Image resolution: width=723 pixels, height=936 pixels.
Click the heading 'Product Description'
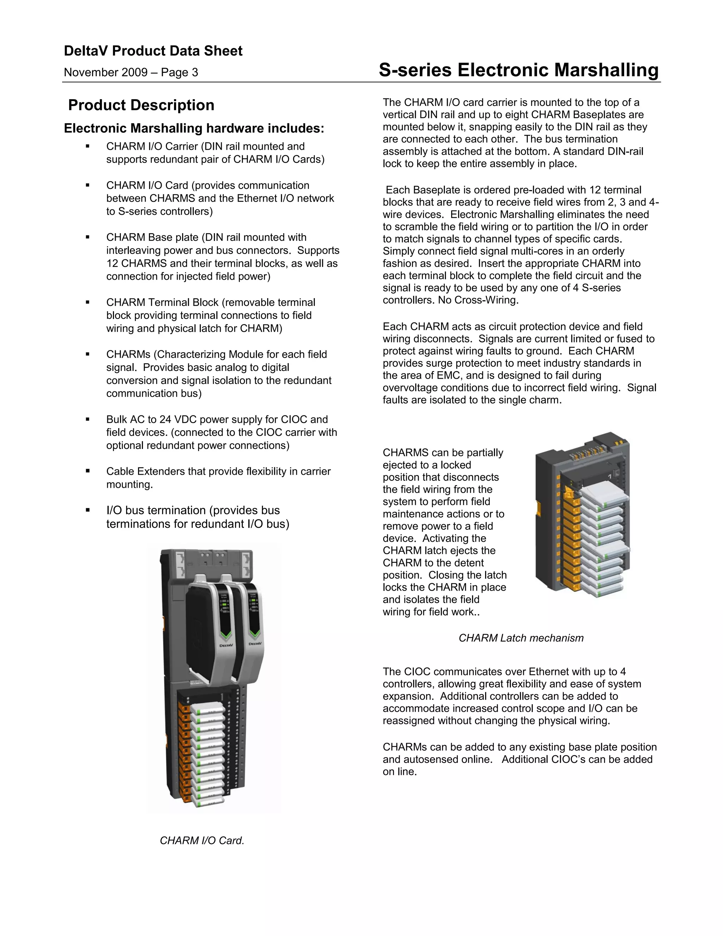(x=141, y=105)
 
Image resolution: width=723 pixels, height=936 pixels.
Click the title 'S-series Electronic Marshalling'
(x=518, y=70)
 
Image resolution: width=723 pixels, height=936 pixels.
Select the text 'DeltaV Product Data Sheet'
(x=153, y=51)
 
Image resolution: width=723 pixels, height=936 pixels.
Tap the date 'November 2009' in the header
(x=105, y=72)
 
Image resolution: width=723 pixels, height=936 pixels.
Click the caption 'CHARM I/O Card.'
(x=202, y=840)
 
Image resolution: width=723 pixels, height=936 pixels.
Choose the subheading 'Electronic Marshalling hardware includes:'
(x=194, y=128)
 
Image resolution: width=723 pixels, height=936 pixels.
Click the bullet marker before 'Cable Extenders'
(x=88, y=470)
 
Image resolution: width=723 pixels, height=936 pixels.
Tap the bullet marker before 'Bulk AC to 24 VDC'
(x=88, y=419)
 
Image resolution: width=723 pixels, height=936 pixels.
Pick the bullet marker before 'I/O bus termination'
(x=88, y=510)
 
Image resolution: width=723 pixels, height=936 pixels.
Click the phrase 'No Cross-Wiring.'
(x=478, y=300)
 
